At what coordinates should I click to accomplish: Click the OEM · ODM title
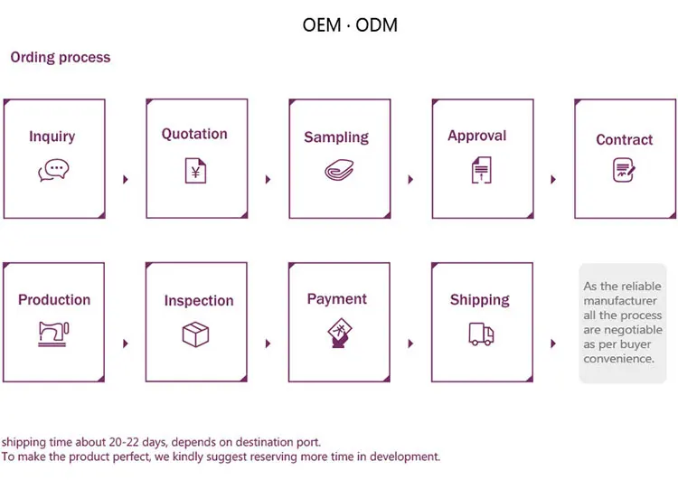click(350, 24)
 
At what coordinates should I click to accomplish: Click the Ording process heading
click(61, 57)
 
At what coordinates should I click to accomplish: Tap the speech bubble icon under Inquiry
click(53, 169)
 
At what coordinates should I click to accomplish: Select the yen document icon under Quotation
click(195, 170)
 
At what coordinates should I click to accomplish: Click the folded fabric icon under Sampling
click(337, 171)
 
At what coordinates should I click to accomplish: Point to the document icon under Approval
click(480, 169)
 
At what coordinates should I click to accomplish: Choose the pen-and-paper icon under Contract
click(624, 169)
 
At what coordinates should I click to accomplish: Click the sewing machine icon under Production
click(53, 334)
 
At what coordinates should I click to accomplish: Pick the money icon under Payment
click(337, 334)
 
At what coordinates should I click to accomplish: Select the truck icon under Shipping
click(481, 334)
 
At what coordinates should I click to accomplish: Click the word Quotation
click(194, 134)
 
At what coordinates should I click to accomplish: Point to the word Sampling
click(336, 137)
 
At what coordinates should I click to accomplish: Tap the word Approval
click(476, 136)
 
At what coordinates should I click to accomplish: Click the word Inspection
click(199, 300)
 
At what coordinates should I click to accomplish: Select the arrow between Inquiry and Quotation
click(126, 179)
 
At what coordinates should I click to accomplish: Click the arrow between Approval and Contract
click(554, 179)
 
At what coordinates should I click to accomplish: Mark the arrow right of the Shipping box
click(554, 344)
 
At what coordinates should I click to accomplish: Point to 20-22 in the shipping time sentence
click(139, 442)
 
